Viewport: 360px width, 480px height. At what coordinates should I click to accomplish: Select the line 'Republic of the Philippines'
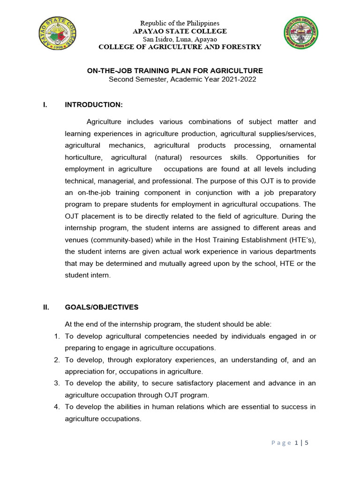180,23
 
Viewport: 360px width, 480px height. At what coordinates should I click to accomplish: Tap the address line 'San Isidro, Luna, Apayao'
180,39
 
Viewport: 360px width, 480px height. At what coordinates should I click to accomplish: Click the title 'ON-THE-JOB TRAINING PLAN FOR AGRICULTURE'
175,71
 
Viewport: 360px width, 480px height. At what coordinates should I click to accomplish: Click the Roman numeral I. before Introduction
45,104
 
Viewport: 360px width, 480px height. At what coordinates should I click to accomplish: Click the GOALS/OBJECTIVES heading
102,307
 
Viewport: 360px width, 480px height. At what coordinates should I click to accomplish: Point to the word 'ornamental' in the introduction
298,145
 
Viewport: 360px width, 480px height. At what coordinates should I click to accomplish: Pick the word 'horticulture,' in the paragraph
82,157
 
